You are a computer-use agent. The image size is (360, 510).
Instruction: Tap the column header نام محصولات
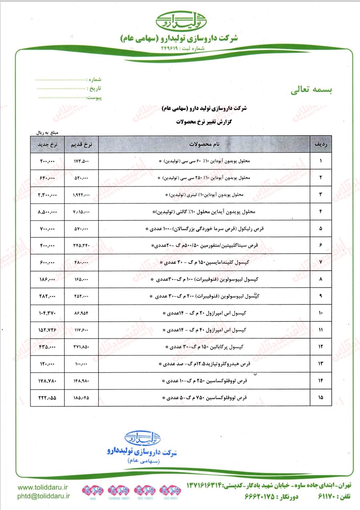204,144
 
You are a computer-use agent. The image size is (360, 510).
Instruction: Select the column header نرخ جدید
47,144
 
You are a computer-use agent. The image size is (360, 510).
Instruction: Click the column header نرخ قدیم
81,144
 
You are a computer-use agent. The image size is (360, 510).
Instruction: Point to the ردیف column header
320,144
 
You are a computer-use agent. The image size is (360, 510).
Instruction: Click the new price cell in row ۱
47,161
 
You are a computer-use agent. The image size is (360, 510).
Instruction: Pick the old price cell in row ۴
81,212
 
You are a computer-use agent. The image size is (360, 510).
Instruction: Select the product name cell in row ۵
204,229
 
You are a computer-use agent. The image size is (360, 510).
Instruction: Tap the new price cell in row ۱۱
47,330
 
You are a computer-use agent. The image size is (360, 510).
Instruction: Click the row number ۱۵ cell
320,397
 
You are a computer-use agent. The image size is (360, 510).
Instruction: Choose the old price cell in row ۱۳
81,364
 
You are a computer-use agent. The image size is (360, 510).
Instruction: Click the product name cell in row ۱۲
204,347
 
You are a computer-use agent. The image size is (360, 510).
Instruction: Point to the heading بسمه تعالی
311,90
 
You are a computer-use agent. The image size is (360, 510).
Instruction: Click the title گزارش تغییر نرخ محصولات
204,122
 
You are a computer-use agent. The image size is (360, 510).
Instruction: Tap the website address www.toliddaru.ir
43,487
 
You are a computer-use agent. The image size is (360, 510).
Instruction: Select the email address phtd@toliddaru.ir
44,496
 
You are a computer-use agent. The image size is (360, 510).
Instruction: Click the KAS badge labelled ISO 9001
170,490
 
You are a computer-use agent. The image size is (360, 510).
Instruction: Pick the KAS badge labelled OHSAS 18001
119,490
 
